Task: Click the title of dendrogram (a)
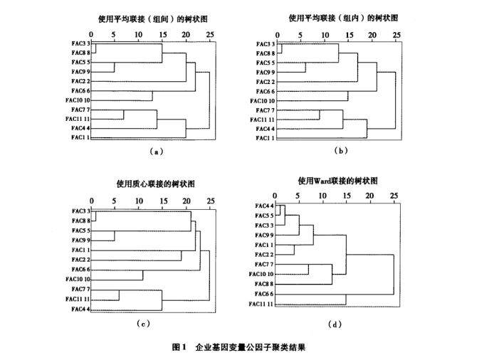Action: [153, 19]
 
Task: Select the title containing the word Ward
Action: [337, 181]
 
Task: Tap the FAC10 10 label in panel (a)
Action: [78, 100]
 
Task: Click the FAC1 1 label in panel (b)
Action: [265, 138]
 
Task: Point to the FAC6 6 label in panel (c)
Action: [81, 270]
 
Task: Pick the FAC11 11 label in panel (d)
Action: [261, 304]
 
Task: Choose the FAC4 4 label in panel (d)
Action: [264, 206]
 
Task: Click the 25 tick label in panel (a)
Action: [210, 34]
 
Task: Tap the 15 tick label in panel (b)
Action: [350, 35]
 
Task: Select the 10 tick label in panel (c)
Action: [139, 201]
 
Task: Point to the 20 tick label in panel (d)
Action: [369, 196]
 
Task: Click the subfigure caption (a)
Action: [156, 152]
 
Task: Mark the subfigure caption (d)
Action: [335, 324]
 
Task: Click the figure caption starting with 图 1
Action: [238, 347]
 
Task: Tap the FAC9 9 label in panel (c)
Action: [81, 240]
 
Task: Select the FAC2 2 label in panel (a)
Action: [81, 81]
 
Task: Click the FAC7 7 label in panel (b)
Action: [265, 110]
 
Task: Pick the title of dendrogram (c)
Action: [155, 184]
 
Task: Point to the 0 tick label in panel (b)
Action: [278, 35]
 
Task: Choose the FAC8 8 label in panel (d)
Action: [264, 284]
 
